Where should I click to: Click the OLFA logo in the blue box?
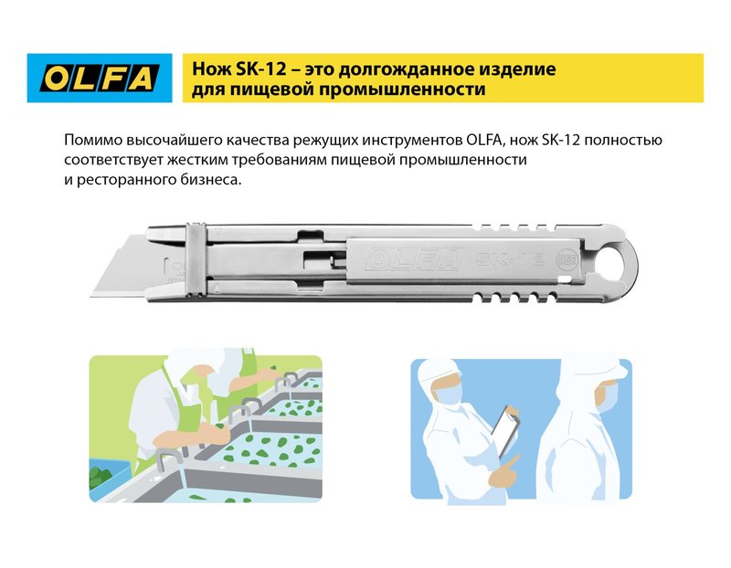click(100, 78)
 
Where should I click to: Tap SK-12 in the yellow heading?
click(260, 69)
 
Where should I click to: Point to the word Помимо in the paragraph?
click(93, 141)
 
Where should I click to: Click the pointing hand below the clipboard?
click(503, 471)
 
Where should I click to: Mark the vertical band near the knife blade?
click(196, 259)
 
